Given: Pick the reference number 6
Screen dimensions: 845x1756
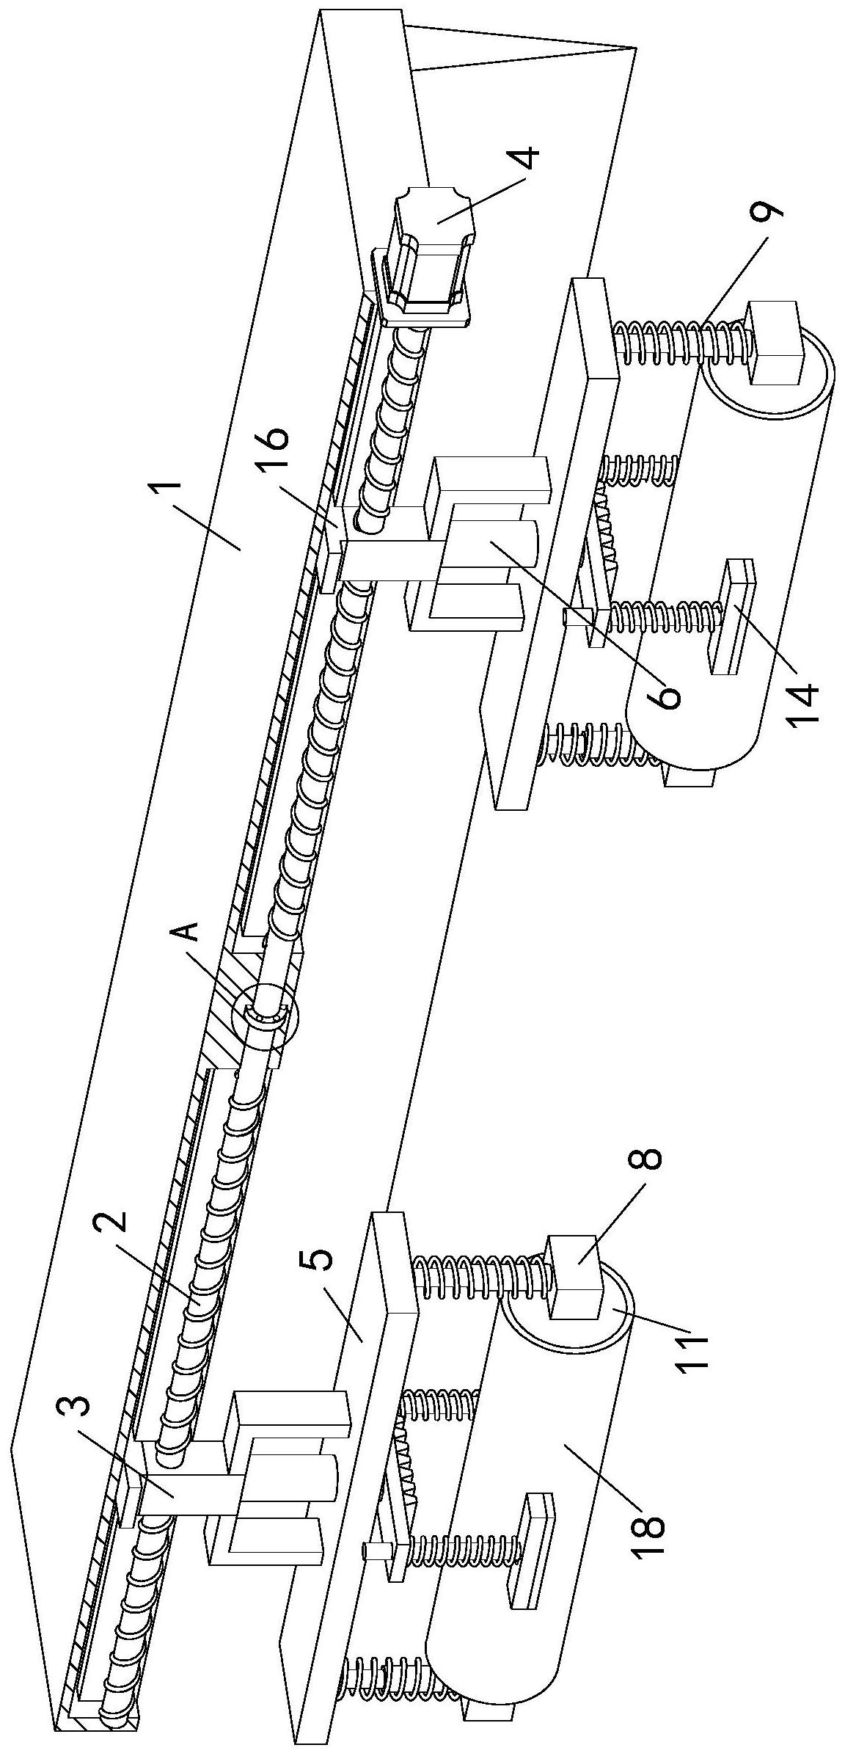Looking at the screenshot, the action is point(665,693).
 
